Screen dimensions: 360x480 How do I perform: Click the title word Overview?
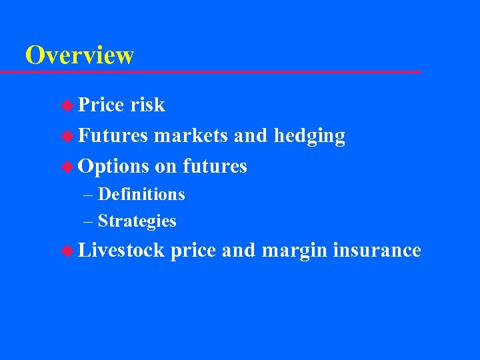[x=79, y=55]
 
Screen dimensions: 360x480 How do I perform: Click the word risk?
[x=147, y=105]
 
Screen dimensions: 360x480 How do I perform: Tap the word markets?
[x=191, y=136]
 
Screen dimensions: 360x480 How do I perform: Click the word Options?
[x=113, y=167]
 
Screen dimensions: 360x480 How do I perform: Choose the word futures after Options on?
[x=215, y=166]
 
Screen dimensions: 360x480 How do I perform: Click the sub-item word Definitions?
[x=141, y=195]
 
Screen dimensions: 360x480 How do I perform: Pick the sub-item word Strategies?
[x=137, y=221]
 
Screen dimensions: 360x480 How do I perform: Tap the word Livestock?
[x=121, y=250]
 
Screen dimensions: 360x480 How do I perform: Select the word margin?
[x=294, y=251]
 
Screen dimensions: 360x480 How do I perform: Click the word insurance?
[x=377, y=250]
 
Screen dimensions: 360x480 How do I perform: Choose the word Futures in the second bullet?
[x=113, y=136]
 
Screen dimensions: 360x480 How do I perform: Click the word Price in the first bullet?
[x=101, y=105]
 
